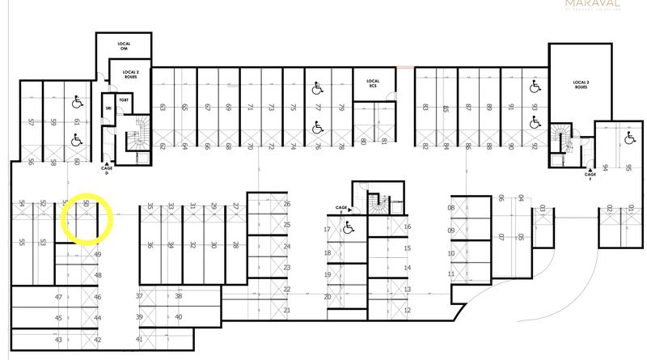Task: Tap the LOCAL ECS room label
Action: [373, 83]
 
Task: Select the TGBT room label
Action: [124, 99]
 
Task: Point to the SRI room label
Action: [108, 107]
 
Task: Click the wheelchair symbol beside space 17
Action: [348, 229]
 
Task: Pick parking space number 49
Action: [98, 254]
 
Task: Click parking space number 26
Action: [286, 204]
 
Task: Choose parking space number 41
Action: [139, 340]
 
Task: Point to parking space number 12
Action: [407, 311]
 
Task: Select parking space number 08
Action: [451, 208]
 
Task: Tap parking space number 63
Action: [163, 107]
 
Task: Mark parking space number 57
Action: [31, 123]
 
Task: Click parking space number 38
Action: [178, 296]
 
